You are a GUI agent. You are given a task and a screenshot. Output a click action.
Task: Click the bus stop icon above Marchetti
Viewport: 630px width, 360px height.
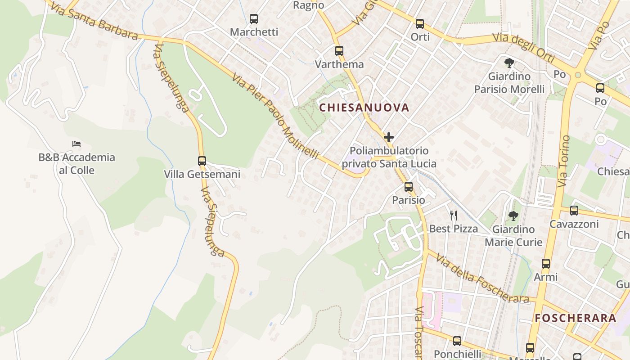[254, 19]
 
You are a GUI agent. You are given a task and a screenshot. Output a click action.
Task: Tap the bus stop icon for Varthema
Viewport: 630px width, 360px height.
[339, 51]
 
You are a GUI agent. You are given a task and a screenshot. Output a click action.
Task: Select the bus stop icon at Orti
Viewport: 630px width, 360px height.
[420, 24]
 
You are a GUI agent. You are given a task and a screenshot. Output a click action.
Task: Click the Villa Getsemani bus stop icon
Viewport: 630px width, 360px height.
[202, 161]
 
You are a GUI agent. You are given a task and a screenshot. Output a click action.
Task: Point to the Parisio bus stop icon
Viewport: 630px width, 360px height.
[409, 186]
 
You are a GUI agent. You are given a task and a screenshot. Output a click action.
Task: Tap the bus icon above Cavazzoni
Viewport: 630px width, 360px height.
[574, 210]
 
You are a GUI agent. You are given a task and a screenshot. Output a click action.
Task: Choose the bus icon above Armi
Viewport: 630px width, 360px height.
[546, 264]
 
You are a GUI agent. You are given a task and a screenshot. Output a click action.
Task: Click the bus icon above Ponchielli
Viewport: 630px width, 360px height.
[457, 341]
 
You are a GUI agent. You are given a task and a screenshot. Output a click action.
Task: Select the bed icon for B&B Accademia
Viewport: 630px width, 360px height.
[76, 144]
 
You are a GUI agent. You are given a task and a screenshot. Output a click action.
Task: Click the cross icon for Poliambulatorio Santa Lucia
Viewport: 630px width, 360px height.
[389, 137]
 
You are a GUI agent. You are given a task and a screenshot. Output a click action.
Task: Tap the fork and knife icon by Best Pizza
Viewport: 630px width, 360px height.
[454, 216]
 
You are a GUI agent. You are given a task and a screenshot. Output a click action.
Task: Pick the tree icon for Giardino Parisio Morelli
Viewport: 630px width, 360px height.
[509, 63]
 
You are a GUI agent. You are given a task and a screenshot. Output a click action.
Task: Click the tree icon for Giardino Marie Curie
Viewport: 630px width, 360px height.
[513, 216]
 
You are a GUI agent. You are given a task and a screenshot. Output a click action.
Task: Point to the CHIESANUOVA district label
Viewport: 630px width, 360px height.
[364, 108]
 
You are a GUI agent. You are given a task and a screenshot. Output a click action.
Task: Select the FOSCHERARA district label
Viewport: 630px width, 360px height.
[575, 318]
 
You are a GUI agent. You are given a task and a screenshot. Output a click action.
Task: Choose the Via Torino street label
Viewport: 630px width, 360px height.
[564, 161]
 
